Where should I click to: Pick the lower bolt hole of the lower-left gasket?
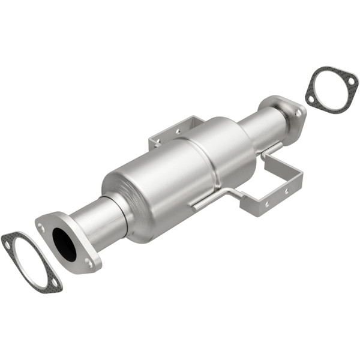click(x=53, y=283)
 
